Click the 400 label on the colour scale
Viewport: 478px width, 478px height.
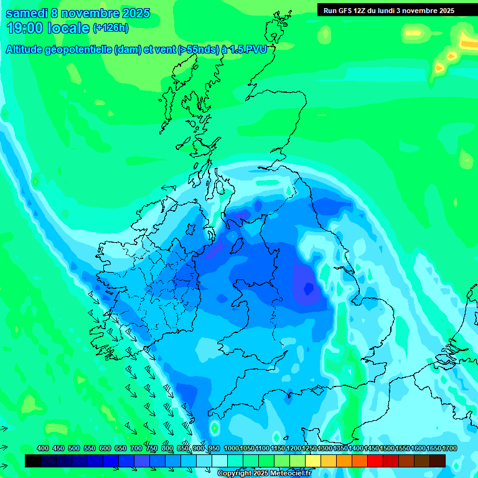coord(43,448)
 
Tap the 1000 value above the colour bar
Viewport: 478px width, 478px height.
coord(232,448)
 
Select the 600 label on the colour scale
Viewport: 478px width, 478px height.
coord(105,448)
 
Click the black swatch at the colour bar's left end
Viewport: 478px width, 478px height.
coord(33,461)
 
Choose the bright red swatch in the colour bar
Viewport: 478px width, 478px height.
coord(375,461)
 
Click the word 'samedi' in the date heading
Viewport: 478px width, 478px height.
coord(25,13)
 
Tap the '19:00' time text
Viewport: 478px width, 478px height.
coord(24,28)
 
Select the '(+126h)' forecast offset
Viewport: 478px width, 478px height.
coord(111,28)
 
